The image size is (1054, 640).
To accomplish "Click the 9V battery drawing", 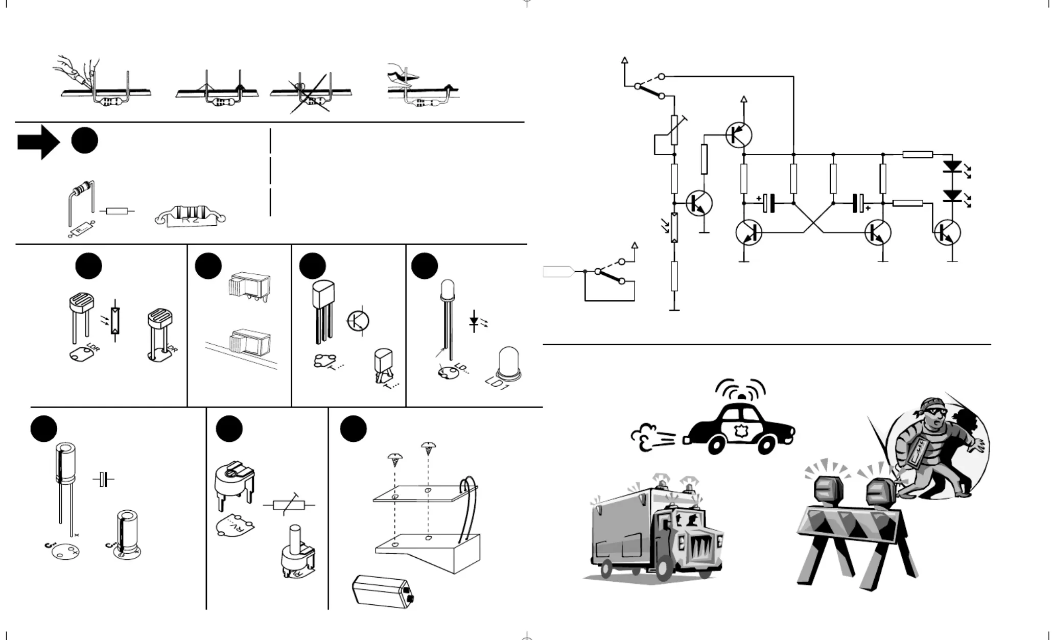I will point(383,590).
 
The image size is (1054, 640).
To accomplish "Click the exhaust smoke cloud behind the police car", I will point(646,436).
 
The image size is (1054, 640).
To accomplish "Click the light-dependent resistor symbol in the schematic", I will point(674,228).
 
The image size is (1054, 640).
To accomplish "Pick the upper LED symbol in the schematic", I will point(952,167).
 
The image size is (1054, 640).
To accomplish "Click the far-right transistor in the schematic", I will point(948,232).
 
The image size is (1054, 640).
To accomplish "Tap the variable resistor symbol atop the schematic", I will point(674,130).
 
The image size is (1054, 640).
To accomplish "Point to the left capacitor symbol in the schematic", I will point(768,203).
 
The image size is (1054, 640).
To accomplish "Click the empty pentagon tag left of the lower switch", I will point(558,271).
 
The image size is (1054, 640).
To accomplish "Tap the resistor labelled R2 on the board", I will point(190,215).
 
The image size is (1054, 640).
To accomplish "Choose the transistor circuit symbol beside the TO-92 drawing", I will point(358,321).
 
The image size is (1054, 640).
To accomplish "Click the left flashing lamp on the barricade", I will point(828,490).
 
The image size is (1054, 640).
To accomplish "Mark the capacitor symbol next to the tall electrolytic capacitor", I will point(104,480).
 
